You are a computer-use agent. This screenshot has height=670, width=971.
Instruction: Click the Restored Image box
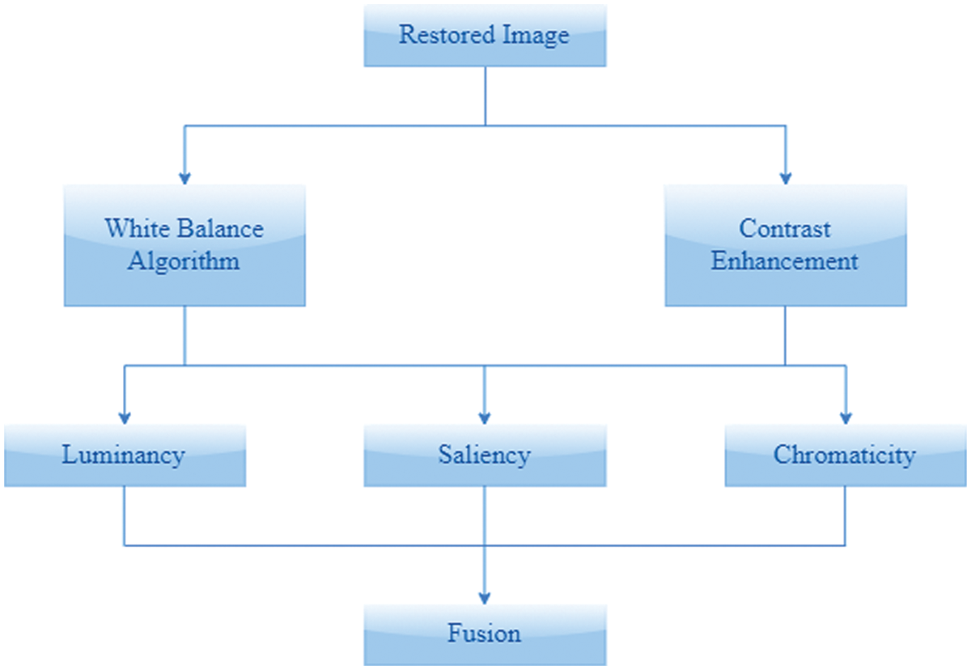(x=484, y=36)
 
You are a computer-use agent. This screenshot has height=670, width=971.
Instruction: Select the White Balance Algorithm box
(x=184, y=244)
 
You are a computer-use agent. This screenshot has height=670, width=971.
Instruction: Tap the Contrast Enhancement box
(x=785, y=244)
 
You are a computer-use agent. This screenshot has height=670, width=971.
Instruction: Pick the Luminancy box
(x=125, y=455)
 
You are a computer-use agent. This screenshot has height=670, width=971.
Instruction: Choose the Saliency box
(x=484, y=455)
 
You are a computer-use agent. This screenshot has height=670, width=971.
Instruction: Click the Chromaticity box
(x=845, y=455)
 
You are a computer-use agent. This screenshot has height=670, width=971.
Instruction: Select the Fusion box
(x=484, y=633)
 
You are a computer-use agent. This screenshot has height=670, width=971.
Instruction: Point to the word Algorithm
(x=184, y=261)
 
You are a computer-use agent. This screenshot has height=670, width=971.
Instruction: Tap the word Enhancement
(x=785, y=261)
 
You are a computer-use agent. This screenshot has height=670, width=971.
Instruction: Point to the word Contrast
(x=785, y=228)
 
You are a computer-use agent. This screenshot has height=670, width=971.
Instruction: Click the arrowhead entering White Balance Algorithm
(x=184, y=177)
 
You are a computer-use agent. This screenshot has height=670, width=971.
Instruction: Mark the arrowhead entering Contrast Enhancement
(x=785, y=177)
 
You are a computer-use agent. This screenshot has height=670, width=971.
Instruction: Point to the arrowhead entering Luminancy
(x=125, y=418)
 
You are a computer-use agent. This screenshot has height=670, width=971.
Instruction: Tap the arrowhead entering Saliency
(x=484, y=418)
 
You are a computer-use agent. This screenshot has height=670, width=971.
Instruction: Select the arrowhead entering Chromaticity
(x=845, y=418)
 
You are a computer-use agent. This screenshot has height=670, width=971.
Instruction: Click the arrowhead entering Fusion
(x=484, y=597)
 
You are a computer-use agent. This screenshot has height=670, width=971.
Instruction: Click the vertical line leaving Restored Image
(x=484, y=95)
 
